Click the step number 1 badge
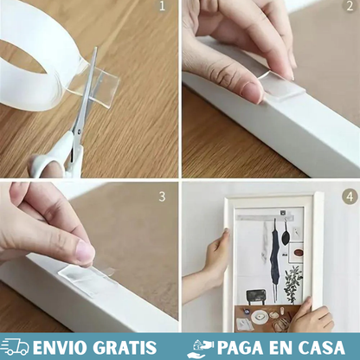point(163,8)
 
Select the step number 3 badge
point(162,196)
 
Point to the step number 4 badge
point(349,196)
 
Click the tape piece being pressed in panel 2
point(283,86)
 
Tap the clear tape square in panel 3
point(87,278)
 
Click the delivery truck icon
point(16,348)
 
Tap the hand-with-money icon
point(200,348)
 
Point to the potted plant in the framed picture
point(294,281)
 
